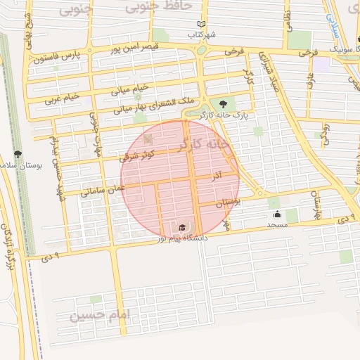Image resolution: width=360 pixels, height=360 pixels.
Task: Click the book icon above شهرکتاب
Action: pos(202,24)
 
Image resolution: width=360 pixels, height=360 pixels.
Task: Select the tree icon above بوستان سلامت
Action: pos(18,154)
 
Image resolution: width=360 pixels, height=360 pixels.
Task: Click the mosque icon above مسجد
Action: pos(277,214)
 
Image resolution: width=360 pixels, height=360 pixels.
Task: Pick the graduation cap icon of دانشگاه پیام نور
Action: pos(183,227)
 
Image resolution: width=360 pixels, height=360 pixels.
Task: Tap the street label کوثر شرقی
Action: pos(134,156)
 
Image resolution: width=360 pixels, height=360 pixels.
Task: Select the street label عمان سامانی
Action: pos(103,187)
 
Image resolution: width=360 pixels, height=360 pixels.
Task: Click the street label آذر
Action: pos(217,179)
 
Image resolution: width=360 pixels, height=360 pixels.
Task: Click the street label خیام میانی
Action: pos(130,90)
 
